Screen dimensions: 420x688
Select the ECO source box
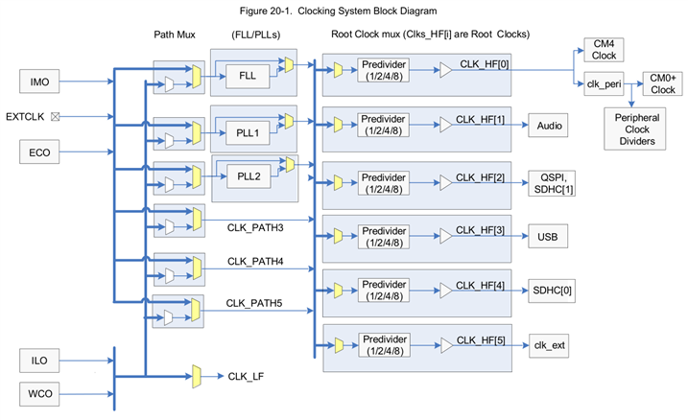(x=39, y=152)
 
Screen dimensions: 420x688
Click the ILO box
(x=39, y=361)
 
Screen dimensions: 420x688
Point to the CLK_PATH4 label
(x=254, y=262)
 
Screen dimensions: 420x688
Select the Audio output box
(x=550, y=125)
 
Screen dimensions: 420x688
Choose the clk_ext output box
(x=549, y=343)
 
